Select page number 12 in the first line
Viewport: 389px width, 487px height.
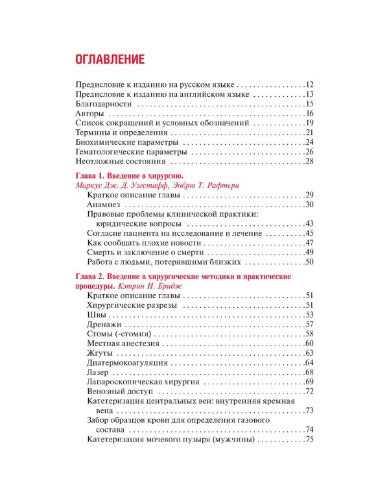point(309,85)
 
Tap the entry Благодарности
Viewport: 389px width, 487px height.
point(104,104)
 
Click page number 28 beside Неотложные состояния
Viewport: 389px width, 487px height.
point(309,161)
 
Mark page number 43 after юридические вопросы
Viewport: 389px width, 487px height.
point(309,224)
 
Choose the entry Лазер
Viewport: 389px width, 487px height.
point(99,372)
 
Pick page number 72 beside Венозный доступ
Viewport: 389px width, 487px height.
point(309,391)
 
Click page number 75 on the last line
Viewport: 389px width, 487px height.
point(309,440)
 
